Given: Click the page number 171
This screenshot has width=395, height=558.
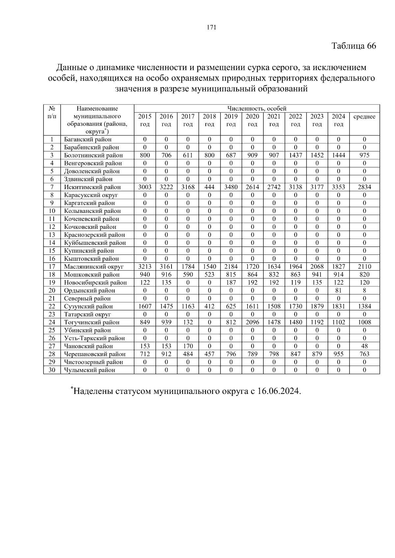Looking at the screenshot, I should coord(211,28).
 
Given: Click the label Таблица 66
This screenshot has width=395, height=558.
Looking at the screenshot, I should coord(353,46).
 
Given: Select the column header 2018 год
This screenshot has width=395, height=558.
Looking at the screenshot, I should coord(209,120).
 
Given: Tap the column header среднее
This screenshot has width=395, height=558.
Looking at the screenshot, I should coord(364,117).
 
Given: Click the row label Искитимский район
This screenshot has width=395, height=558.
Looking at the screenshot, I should coord(92,187).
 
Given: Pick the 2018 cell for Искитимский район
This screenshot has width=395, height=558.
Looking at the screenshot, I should coord(209,187).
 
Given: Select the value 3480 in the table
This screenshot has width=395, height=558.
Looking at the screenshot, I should coord(231,187).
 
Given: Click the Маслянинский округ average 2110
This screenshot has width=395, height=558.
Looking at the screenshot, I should coord(364,267).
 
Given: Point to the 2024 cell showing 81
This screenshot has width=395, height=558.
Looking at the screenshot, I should coord(338,290).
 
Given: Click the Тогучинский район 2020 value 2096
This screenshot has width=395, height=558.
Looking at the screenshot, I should coord(252,322).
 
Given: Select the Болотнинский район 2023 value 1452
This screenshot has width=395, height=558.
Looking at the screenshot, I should coord(317,155).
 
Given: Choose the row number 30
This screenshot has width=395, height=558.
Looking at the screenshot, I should coord(52,370).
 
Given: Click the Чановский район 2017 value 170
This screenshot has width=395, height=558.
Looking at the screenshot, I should coord(188,346).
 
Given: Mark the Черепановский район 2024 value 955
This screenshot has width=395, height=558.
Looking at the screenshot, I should coord(338,354).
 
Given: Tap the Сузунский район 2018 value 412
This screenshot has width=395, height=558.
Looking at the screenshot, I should coord(209,306).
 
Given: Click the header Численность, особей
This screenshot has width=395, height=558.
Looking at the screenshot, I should coord(257,109).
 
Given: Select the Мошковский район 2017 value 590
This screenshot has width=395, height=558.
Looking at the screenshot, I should coord(188,275).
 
